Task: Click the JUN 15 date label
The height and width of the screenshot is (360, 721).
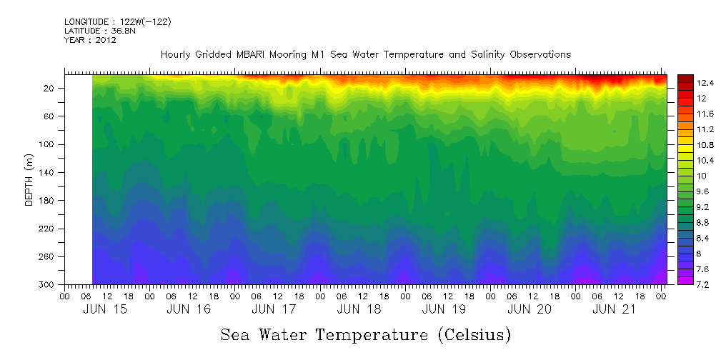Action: pyautogui.click(x=100, y=309)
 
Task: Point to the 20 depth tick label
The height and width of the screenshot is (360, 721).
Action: pyautogui.click(x=50, y=89)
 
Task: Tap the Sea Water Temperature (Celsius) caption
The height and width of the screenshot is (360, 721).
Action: pyautogui.click(x=365, y=335)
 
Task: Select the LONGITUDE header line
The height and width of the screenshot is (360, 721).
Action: pyautogui.click(x=117, y=22)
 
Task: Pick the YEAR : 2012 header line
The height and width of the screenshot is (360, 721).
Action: pyautogui.click(x=90, y=41)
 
